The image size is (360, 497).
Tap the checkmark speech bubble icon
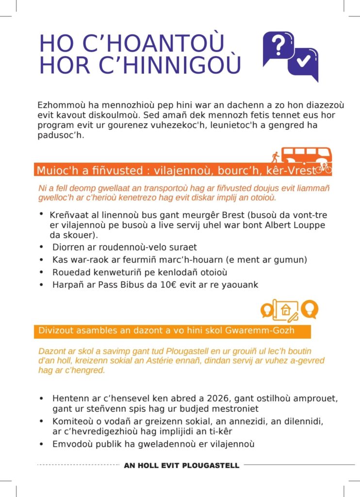pyautogui.click(x=304, y=63)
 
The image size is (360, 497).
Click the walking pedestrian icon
pyautogui.click(x=275, y=157)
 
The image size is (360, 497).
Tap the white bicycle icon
pyautogui.click(x=323, y=168)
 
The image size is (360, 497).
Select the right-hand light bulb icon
pyautogui.click(x=309, y=308)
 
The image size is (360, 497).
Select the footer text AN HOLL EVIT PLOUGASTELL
pyautogui.click(x=181, y=465)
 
